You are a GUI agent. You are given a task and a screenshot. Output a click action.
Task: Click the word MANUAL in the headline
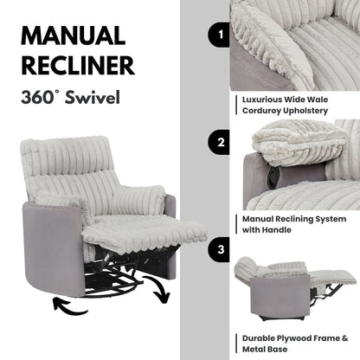click(x=71, y=37)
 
